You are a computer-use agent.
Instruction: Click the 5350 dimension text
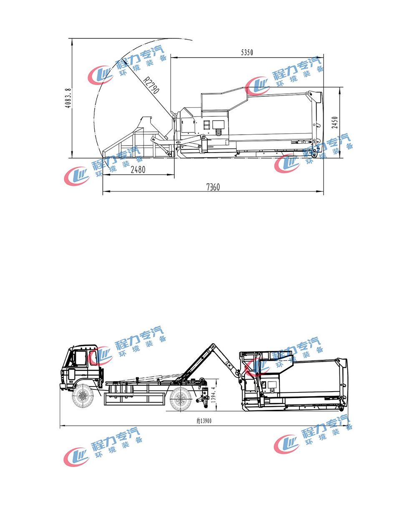click(247, 52)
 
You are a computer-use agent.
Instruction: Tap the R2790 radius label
click(151, 85)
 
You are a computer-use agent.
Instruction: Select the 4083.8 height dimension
click(68, 98)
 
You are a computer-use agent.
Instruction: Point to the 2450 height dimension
click(334, 122)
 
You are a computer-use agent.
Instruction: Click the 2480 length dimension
click(138, 170)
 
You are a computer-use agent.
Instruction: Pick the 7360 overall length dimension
click(213, 187)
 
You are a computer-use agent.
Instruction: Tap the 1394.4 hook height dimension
click(213, 395)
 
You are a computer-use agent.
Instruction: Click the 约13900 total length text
click(204, 421)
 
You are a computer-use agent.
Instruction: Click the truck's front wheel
click(83, 396)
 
